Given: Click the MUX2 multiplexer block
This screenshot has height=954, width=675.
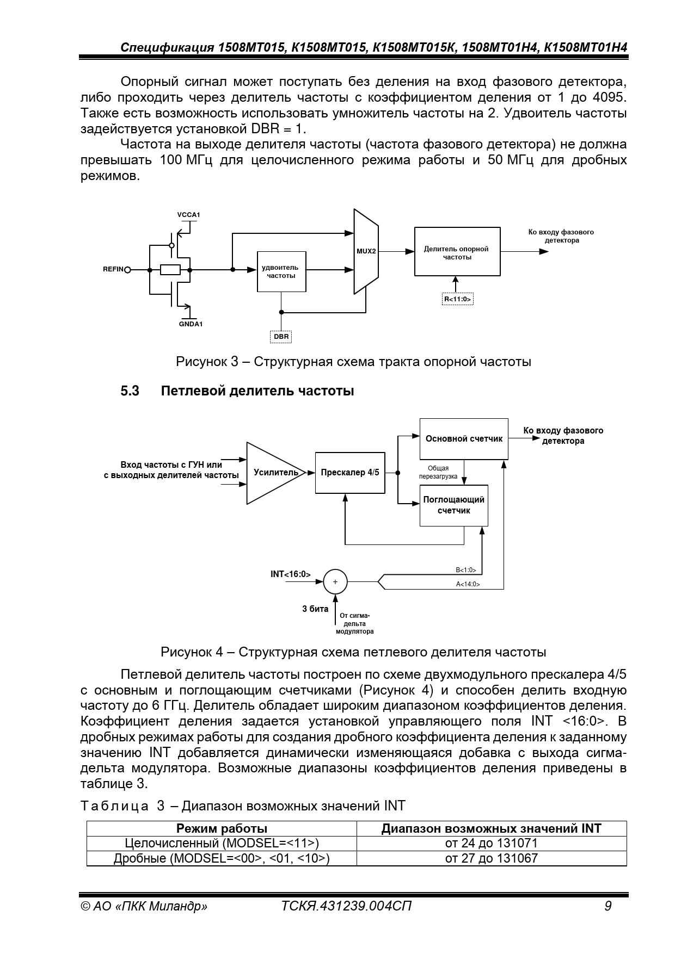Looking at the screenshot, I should [x=366, y=251].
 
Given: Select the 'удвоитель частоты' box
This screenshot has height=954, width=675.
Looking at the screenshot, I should [x=281, y=271].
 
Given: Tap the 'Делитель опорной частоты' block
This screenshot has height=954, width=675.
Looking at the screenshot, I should [x=457, y=252].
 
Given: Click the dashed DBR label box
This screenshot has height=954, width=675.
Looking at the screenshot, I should [x=281, y=337].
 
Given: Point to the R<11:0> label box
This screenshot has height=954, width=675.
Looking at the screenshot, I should [x=457, y=299].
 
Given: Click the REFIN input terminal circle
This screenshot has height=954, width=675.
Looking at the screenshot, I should [x=128, y=270].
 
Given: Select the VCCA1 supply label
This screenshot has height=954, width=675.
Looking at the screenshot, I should [x=188, y=215].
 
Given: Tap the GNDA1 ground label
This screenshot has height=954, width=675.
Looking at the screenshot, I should [x=191, y=324].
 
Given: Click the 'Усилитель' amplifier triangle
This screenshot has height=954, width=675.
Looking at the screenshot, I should [x=272, y=473].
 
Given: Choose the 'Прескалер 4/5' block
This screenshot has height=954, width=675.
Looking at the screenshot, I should [x=350, y=473].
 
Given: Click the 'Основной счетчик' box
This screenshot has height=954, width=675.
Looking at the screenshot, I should [x=464, y=439].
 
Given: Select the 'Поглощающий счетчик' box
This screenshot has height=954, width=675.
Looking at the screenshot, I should [x=453, y=505].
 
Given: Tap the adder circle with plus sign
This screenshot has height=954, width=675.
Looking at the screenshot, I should [x=335, y=582].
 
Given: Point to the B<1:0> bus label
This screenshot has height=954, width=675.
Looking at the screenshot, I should [x=466, y=570].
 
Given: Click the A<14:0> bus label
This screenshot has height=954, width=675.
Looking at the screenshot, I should [x=468, y=585].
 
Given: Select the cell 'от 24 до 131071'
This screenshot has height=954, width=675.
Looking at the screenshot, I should [x=491, y=843].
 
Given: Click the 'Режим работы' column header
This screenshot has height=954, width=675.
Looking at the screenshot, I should [x=222, y=828].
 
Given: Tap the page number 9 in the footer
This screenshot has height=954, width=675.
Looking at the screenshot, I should [x=608, y=906].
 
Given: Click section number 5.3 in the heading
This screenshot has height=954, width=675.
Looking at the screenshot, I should [x=130, y=391].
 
